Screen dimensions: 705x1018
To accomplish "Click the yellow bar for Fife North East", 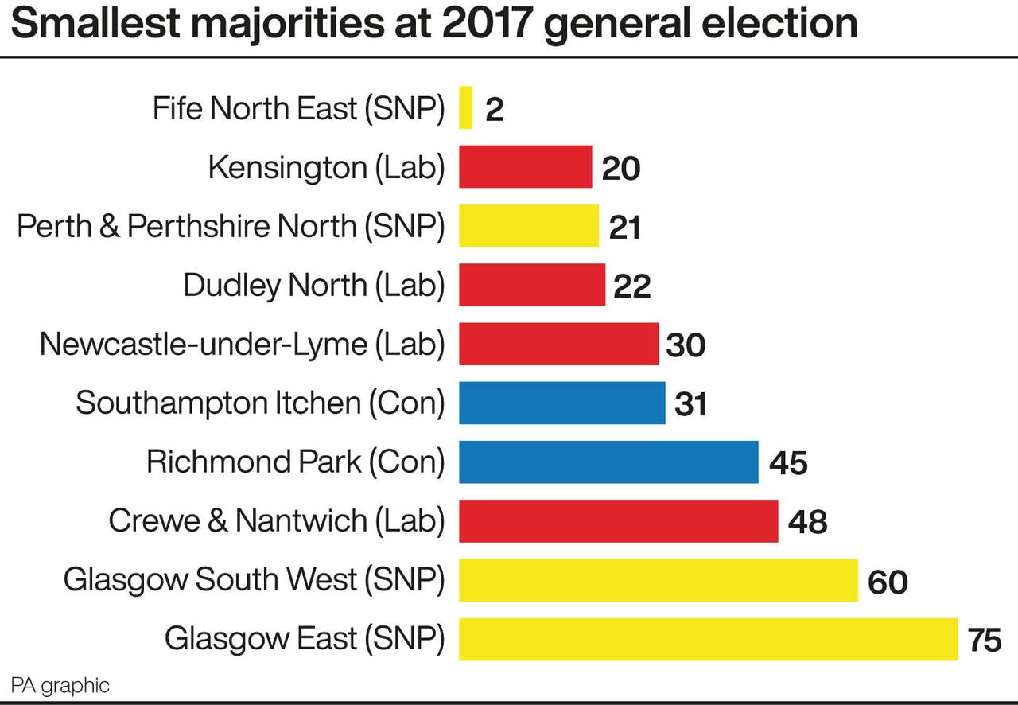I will point(466,107).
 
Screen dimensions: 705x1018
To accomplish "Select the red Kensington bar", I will point(525,167).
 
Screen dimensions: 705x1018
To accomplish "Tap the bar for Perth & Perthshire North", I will point(528,226).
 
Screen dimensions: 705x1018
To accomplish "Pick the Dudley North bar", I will point(531,285).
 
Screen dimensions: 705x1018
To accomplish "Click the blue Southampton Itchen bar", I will point(561,403).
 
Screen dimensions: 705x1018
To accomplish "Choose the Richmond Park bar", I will point(608,462).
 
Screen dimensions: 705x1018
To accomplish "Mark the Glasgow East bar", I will point(708,639).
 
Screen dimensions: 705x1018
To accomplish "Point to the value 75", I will point(985,640).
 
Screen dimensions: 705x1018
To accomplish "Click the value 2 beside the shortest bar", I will point(494,110).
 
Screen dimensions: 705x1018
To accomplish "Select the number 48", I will point(807,522).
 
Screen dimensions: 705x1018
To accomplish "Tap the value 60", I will point(888,582).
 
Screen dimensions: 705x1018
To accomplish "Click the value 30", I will point(686,345).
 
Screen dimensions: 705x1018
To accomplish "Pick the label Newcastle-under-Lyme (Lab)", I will point(242,345).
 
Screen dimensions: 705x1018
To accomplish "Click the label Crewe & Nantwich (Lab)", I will point(276,521).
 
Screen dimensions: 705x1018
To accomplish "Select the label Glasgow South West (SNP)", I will point(254,580).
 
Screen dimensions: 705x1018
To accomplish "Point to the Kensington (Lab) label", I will point(326,168).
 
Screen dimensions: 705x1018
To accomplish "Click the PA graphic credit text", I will point(60,685).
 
